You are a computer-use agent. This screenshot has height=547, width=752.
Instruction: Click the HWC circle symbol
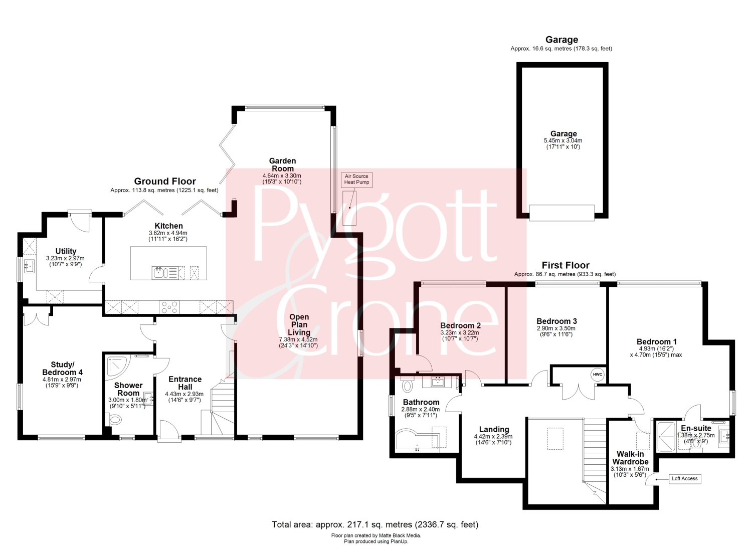click(x=598, y=375)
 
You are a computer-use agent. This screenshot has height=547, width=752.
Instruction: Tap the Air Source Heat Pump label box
click(x=356, y=179)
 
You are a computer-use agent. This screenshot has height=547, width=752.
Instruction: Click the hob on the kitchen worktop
click(x=170, y=307)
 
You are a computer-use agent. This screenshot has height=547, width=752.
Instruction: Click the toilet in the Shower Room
click(x=114, y=420)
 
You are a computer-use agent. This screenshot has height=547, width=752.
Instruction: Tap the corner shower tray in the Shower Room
click(x=116, y=368)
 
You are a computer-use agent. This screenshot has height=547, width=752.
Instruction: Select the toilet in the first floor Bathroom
click(x=407, y=384)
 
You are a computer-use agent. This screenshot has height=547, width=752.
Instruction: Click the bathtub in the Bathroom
click(x=418, y=440)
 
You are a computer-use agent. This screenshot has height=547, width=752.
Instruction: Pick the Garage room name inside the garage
click(x=563, y=134)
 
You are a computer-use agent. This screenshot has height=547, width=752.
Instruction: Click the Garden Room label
click(x=283, y=164)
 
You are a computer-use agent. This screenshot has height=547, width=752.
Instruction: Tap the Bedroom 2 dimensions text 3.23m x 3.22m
click(x=460, y=333)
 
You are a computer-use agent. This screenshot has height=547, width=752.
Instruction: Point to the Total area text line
click(x=375, y=524)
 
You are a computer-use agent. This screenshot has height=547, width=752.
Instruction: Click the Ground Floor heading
click(x=165, y=181)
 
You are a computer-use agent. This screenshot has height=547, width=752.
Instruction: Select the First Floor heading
click(x=566, y=265)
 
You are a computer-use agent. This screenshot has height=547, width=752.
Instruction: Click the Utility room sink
click(x=29, y=267)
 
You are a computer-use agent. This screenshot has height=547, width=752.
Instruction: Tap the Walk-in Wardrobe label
click(x=630, y=458)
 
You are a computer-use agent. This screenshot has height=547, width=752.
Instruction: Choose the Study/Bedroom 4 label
click(x=62, y=369)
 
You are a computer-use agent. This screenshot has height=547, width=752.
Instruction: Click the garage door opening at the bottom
click(x=561, y=213)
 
